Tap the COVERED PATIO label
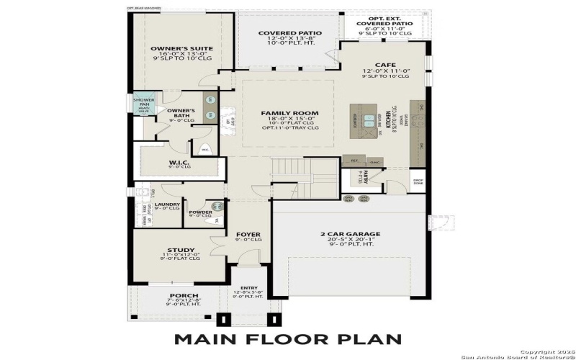[289, 33]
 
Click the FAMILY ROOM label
[289, 114]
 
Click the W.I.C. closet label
[179, 161]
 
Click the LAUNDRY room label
[167, 204]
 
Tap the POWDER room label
[201, 212]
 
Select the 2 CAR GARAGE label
[350, 234]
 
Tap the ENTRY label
[248, 287]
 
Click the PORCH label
[179, 295]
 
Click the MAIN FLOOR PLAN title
[288, 338]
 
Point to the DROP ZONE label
[418, 181]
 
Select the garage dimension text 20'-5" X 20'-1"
[350, 241]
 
